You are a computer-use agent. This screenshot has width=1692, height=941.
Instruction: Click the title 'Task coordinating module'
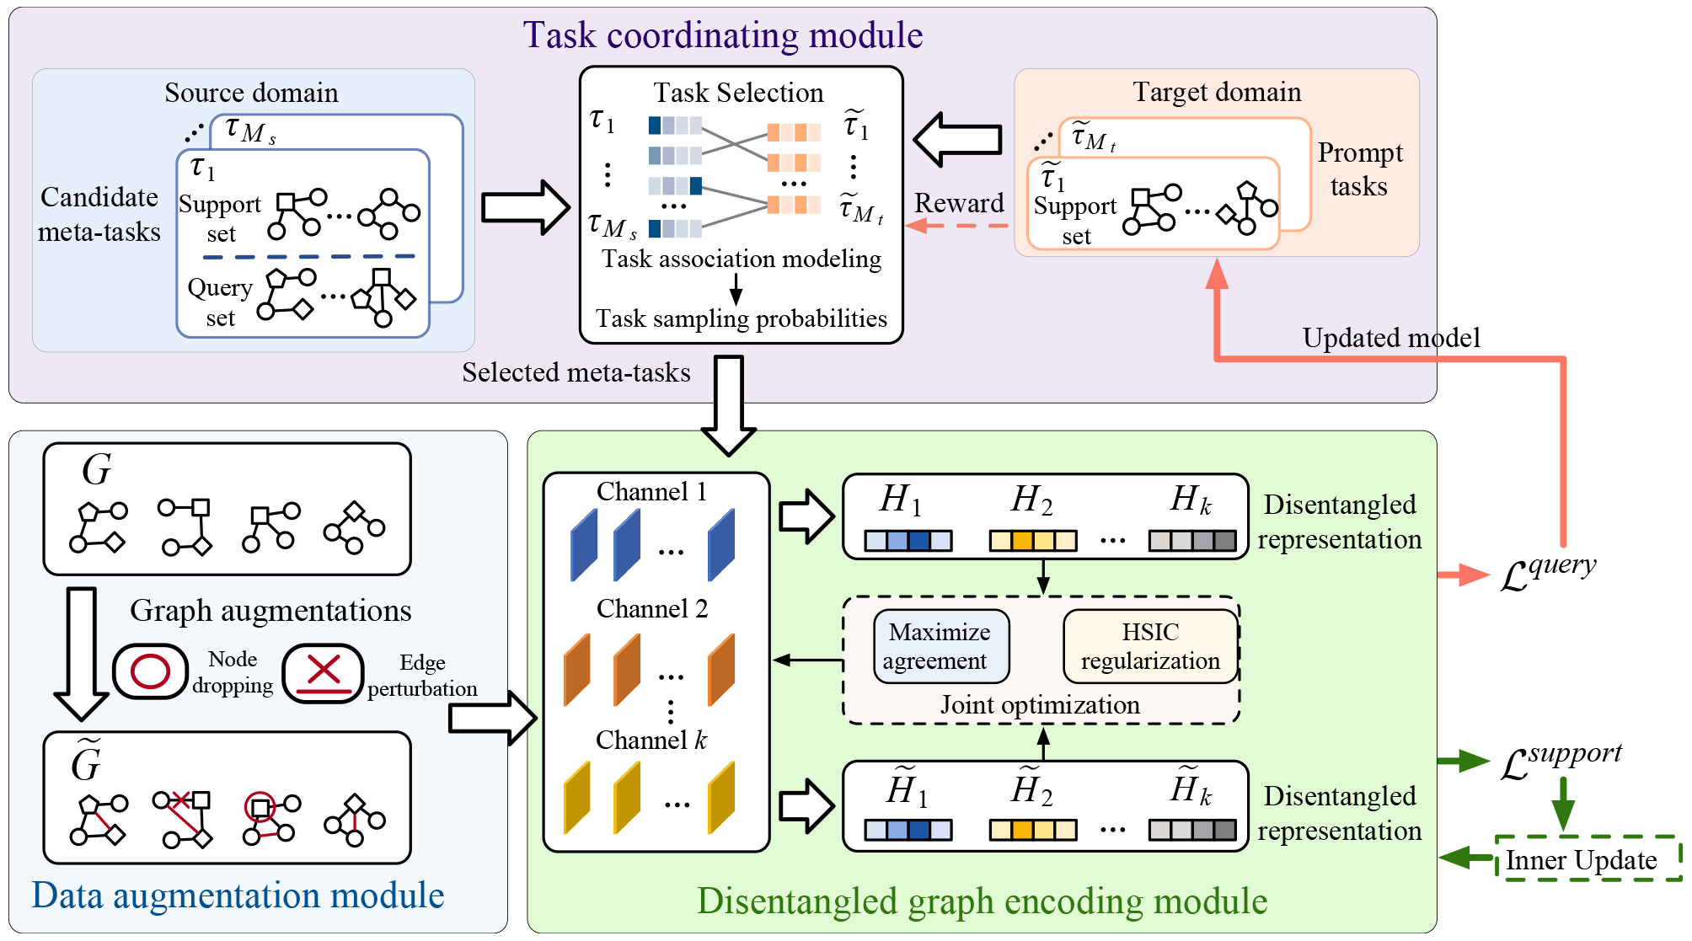pos(722,35)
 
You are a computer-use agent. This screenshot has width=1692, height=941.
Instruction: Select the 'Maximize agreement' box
pos(940,646)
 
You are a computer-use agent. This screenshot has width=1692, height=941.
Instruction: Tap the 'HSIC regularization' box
pos(1150,646)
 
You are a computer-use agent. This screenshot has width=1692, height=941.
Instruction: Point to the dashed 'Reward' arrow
pos(957,226)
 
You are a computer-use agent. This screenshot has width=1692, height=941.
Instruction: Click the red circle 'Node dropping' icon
pos(151,671)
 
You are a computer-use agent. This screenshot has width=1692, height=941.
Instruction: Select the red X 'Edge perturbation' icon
pos(323,672)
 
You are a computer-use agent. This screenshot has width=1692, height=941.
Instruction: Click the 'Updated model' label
pos(1390,338)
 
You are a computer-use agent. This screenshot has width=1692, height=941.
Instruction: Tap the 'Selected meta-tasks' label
pos(576,372)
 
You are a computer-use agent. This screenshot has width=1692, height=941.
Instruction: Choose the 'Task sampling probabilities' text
pos(741,318)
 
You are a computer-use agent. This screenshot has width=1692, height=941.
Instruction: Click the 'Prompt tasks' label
pos(1359,169)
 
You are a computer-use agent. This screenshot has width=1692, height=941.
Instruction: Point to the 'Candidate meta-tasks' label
pos(99,214)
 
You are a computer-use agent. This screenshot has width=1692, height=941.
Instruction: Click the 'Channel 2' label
pos(652,608)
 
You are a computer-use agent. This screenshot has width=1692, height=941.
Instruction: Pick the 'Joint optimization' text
pos(1040,704)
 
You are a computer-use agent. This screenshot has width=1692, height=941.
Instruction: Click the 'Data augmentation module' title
pos(238,896)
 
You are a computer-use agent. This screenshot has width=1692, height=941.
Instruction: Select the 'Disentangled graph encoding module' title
pos(982,901)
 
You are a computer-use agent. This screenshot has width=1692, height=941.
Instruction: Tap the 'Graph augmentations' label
pos(270,610)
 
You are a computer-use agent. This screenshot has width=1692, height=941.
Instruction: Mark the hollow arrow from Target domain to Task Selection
pos(957,139)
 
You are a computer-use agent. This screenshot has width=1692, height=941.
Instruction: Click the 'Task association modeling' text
pos(741,259)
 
